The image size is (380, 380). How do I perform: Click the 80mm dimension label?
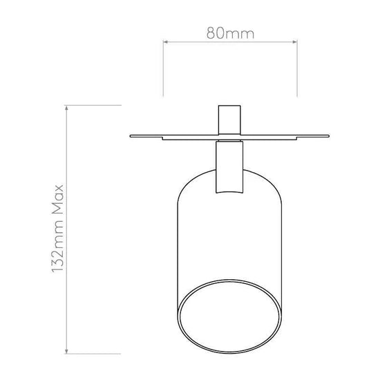(x=230, y=33)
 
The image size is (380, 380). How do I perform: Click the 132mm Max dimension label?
(x=57, y=229)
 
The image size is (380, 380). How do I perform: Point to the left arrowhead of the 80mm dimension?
(x=165, y=42)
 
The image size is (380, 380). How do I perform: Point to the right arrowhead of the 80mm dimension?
(x=295, y=42)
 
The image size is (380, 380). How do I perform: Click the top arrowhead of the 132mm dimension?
(x=66, y=108)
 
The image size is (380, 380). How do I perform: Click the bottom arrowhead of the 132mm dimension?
(x=66, y=351)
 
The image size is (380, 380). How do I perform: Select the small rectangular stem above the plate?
(x=229, y=120)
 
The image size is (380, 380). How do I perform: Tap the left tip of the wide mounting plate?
(x=131, y=136)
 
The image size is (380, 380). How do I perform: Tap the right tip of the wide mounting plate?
(x=328, y=136)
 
